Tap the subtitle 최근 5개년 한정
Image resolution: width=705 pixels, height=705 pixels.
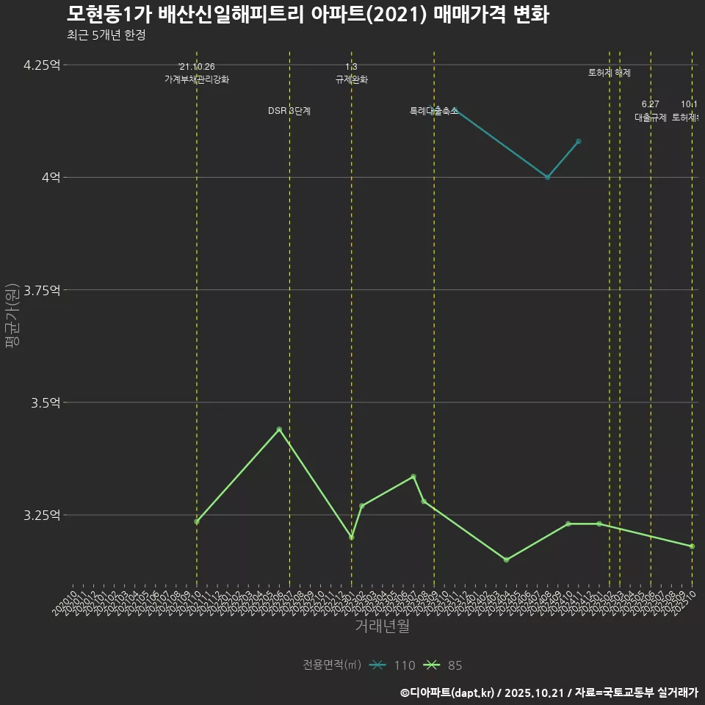(x=106, y=35)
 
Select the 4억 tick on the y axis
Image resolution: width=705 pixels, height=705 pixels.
(x=50, y=178)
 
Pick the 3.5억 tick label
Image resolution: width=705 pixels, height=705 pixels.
(x=45, y=402)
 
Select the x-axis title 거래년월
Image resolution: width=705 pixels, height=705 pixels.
(x=382, y=626)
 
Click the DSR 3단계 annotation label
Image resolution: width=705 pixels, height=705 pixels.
(x=289, y=111)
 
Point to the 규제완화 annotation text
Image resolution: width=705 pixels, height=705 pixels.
(x=352, y=79)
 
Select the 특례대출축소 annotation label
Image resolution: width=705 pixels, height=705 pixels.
(x=433, y=111)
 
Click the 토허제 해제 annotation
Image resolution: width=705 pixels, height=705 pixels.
(x=610, y=73)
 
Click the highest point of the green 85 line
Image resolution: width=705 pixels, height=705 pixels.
(x=279, y=429)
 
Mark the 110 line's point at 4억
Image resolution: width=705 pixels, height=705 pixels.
(x=547, y=178)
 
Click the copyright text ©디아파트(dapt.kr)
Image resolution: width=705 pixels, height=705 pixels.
(x=449, y=693)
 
